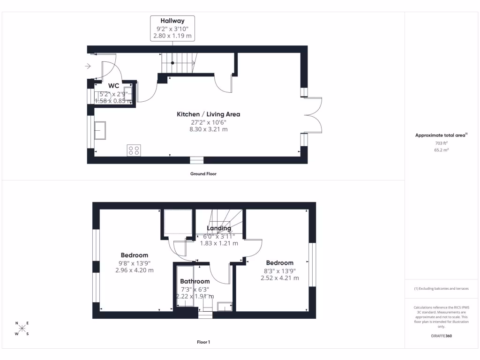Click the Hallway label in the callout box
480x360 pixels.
pyautogui.click(x=172, y=21)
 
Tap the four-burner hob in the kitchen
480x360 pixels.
pyautogui.click(x=134, y=150)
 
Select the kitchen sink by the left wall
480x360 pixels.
pyautogui.click(x=100, y=130)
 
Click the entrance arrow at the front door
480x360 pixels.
pyautogui.click(x=88, y=67)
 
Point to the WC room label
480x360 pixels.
pyautogui.click(x=113, y=86)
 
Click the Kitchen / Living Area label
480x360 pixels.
pyautogui.click(x=208, y=114)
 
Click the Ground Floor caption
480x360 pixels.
pyautogui.click(x=203, y=174)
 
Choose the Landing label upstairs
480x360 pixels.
pyautogui.click(x=219, y=228)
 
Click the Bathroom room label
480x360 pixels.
pyautogui.click(x=195, y=282)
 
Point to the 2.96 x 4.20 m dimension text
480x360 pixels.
pyautogui.click(x=135, y=270)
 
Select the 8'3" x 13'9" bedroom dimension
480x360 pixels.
pyautogui.click(x=279, y=271)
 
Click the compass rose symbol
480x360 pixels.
pyautogui.click(x=22, y=328)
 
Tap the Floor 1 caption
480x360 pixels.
pyautogui.click(x=203, y=343)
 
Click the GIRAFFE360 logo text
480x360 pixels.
pyautogui.click(x=441, y=336)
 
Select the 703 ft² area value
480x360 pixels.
pyautogui.click(x=441, y=143)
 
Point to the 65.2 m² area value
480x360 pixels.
pyautogui.click(x=441, y=150)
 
